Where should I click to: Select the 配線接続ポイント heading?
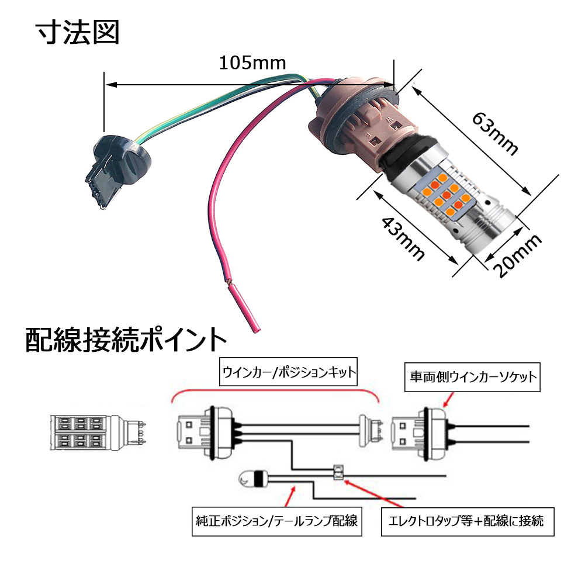pos(125,339)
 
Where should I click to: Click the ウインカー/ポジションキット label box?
pos(289,373)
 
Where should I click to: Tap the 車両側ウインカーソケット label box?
pos(472,376)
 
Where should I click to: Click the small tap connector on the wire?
pos(337,471)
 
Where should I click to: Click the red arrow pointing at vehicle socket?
pos(450,400)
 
